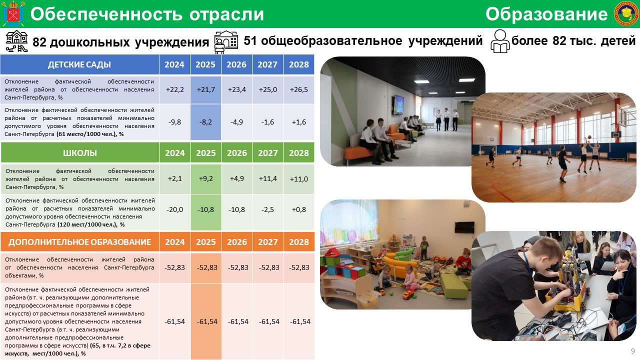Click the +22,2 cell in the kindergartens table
(174, 89)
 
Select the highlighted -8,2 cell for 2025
(205, 122)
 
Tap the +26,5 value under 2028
(299, 89)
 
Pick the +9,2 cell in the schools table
(205, 179)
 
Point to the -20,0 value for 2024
(174, 209)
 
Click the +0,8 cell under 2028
(299, 209)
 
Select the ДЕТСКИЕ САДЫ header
(79, 64)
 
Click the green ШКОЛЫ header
(80, 153)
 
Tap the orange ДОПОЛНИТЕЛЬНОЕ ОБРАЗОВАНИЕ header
(79, 242)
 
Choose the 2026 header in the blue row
(236, 64)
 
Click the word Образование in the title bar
(546, 14)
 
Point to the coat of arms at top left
(13, 13)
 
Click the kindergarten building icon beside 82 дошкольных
(17, 41)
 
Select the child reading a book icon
(499, 41)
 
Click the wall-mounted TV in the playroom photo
(464, 227)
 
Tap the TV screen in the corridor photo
(397, 104)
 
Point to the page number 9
(633, 351)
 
